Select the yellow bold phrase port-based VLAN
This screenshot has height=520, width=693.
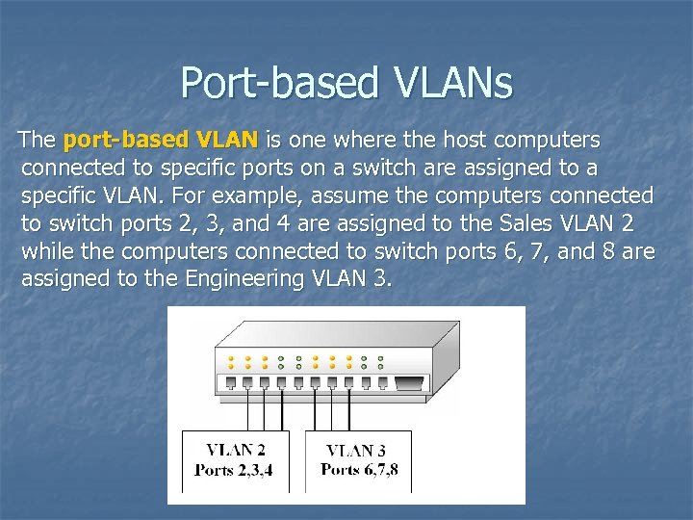(x=160, y=141)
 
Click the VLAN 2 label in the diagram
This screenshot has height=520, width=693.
(x=236, y=450)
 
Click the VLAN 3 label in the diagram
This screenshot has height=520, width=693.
(x=358, y=450)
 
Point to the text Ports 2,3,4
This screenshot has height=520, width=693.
(x=235, y=470)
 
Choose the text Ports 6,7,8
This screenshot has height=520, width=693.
(x=358, y=470)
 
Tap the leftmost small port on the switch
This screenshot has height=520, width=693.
(x=230, y=382)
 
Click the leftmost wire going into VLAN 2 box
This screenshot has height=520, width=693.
(x=247, y=409)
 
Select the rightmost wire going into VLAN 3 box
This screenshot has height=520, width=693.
(x=367, y=409)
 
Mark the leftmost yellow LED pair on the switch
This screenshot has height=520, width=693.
(x=230, y=362)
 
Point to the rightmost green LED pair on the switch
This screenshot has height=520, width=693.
(x=381, y=362)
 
